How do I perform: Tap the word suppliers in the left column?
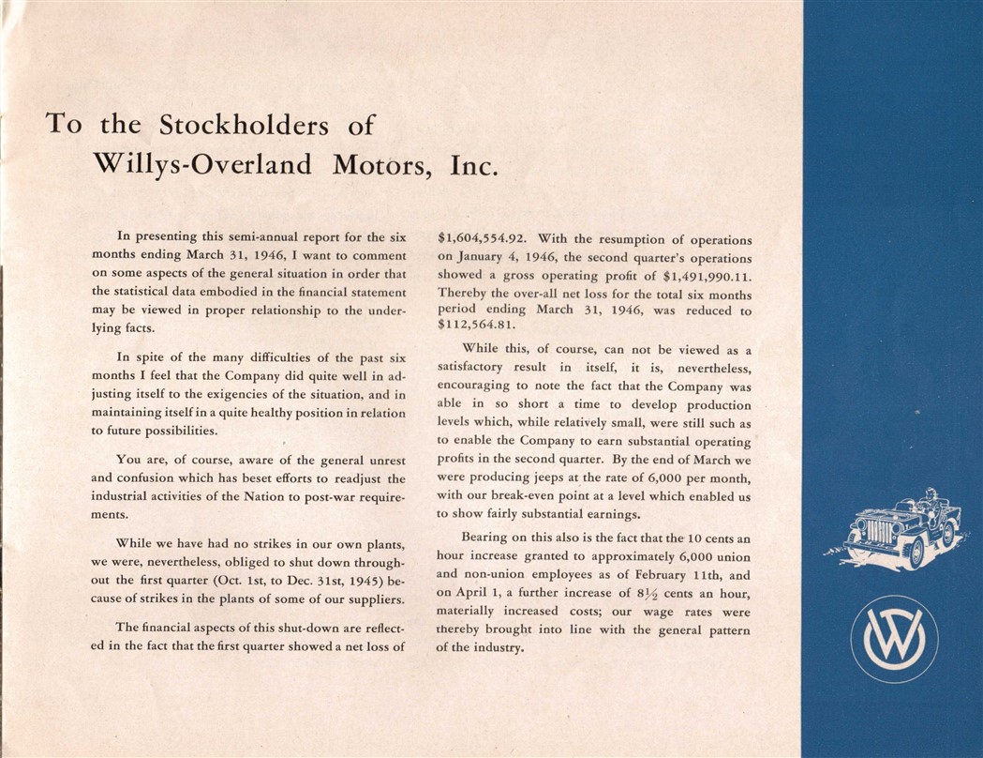374,599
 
